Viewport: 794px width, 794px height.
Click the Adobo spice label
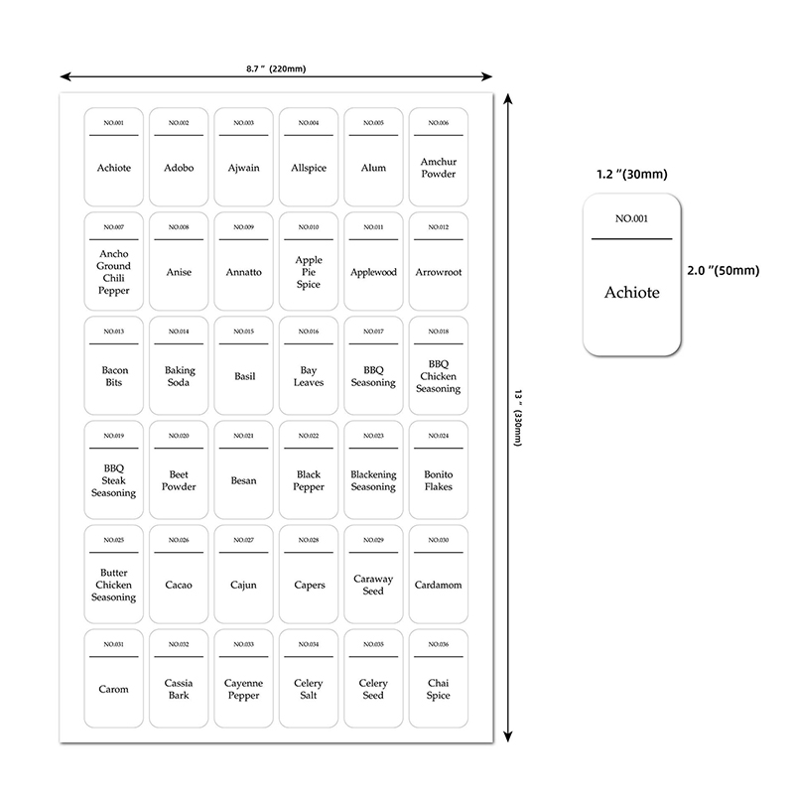179,168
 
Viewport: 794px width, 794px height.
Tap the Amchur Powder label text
438,168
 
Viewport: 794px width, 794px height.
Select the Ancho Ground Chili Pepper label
114,272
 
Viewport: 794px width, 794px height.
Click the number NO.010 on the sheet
308,227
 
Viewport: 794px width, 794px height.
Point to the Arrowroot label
438,272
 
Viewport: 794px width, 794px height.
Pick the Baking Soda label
179,376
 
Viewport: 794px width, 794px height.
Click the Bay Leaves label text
308,376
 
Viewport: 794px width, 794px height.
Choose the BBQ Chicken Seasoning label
438,376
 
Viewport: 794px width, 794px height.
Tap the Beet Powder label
179,480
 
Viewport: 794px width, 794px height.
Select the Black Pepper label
308,480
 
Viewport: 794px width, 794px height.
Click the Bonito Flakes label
438,480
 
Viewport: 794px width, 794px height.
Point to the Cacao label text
179,585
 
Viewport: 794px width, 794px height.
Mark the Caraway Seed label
373,585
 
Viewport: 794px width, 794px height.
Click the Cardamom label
438,585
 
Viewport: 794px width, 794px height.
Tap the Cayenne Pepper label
243,689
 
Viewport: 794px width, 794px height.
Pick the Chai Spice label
438,689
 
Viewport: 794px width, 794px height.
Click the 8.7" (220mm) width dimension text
276,68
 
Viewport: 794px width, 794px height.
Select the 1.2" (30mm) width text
631,175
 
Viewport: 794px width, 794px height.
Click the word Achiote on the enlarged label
631,293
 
